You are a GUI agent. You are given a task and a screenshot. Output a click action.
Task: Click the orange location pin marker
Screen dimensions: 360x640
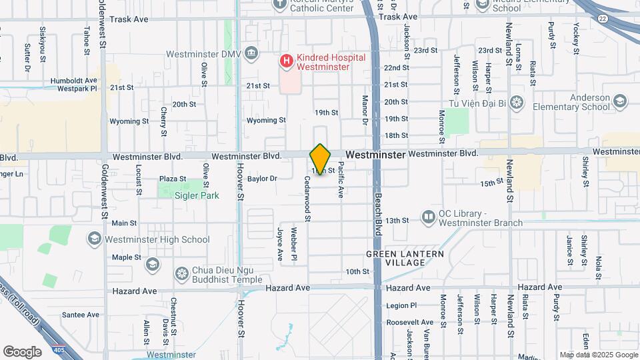tap(320, 159)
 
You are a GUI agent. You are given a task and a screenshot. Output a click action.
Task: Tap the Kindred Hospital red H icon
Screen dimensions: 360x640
tap(287, 61)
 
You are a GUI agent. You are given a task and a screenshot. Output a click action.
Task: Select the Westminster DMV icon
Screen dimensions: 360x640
tap(251, 53)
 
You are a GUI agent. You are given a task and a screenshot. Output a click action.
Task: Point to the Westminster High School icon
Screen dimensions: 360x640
tap(94, 239)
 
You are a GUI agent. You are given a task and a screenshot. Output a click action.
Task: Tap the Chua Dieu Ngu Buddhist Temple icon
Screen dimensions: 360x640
tap(181, 273)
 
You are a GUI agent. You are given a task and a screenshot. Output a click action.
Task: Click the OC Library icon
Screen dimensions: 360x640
tap(428, 217)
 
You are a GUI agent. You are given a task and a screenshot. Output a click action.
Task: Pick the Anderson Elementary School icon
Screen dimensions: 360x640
tap(619, 101)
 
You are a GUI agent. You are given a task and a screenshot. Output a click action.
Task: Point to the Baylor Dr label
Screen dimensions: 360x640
tap(262, 179)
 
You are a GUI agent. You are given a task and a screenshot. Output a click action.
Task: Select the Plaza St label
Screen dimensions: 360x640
tap(172, 179)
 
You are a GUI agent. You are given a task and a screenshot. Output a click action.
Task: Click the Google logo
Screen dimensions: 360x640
tap(22, 351)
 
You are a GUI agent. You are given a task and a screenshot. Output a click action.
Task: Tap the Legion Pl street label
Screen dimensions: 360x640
tap(401, 306)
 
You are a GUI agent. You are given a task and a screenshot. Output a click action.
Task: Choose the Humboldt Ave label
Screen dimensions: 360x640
tap(74, 81)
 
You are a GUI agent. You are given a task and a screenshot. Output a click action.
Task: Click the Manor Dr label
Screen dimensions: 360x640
tap(365, 111)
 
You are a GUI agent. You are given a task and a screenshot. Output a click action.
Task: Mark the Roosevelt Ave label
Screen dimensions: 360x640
tap(405, 322)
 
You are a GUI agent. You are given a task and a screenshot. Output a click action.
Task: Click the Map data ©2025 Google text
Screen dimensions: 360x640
tap(598, 355)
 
